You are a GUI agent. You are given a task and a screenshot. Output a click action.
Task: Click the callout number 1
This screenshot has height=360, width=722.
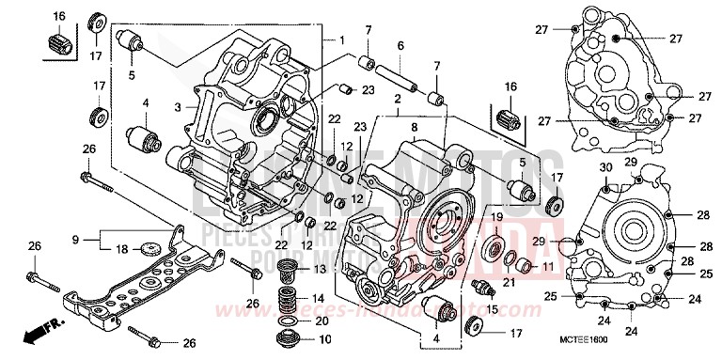point(343,41)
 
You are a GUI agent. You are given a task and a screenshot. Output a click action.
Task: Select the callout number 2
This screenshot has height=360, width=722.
point(399,98)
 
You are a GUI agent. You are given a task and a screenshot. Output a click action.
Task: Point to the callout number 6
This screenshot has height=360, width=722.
point(400,46)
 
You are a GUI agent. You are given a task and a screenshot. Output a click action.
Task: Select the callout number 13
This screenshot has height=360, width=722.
point(319,270)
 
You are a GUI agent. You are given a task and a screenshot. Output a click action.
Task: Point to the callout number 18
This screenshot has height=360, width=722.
point(121,249)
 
